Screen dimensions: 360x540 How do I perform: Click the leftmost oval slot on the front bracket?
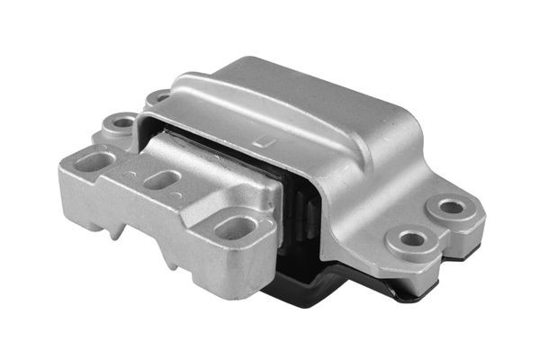tap(93, 162)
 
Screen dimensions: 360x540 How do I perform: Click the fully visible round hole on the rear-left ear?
tap(120, 121)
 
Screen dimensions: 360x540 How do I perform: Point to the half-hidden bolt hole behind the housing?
tap(159, 95)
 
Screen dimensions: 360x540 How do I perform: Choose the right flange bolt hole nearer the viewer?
tap(412, 240)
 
